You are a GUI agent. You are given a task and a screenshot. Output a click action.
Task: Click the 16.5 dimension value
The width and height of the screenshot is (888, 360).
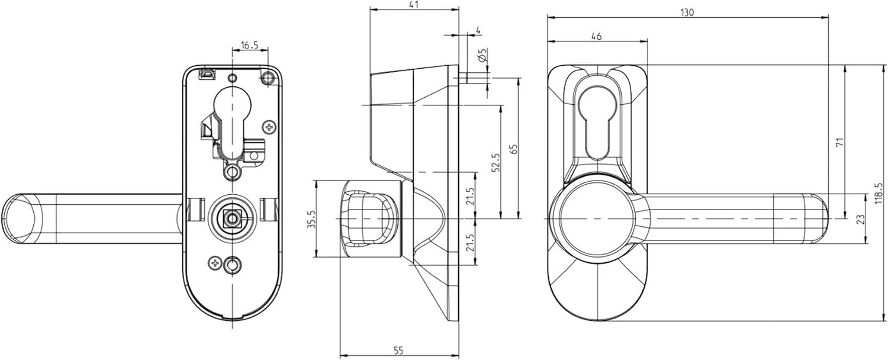pos(249,45)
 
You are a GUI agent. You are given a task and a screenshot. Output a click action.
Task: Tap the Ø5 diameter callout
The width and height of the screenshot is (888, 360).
pos(482,55)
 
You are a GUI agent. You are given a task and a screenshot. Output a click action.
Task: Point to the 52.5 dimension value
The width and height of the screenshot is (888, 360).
pos(496,162)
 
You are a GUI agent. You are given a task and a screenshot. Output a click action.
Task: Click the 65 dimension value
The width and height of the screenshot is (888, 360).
pos(514,149)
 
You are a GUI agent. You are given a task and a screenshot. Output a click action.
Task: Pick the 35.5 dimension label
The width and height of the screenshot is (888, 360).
pos(312,219)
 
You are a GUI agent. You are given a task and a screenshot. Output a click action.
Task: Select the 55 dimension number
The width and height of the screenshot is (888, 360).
pos(398,351)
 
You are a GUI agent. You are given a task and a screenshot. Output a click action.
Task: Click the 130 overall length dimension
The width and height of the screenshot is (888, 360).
pos(687,12)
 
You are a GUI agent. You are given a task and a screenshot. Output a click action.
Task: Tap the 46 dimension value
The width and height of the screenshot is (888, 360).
pos(596,37)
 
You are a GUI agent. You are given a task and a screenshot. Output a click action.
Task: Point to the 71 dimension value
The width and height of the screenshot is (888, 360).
pos(839,142)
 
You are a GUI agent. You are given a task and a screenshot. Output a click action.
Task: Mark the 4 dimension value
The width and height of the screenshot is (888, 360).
pos(478,30)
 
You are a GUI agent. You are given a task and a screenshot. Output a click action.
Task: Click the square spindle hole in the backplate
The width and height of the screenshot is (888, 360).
pos(231,218)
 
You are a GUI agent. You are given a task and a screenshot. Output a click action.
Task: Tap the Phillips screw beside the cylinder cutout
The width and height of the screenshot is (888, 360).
pos(270,127)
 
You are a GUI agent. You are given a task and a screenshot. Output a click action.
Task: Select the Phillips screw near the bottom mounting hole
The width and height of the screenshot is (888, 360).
pos(215,262)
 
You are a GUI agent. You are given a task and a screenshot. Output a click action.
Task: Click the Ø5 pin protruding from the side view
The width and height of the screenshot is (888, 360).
pos(463,78)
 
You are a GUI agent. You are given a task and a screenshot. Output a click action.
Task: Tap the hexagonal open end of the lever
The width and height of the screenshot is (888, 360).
pos(20,218)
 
